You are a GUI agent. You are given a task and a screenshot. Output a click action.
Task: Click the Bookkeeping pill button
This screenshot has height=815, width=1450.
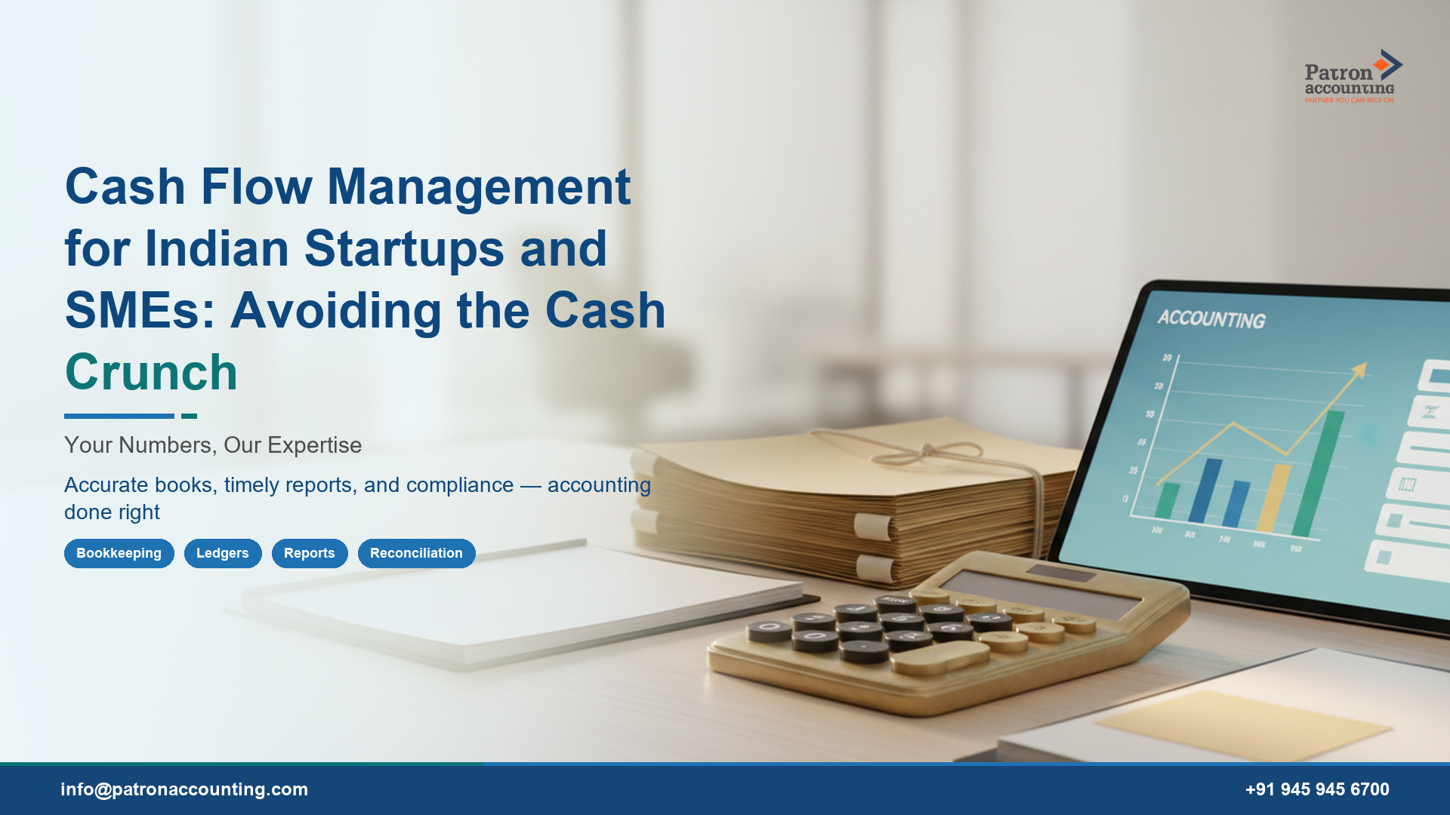click(x=119, y=553)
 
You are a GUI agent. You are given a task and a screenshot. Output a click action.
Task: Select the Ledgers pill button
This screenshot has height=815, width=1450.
click(x=222, y=553)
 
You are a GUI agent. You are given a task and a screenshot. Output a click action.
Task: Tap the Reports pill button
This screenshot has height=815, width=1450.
click(x=309, y=553)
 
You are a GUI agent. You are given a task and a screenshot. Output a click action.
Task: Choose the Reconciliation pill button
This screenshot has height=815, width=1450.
click(x=416, y=553)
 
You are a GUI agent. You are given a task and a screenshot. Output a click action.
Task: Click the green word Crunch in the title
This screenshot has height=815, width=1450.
click(x=151, y=373)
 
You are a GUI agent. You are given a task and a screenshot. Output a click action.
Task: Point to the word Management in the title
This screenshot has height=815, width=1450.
click(x=479, y=187)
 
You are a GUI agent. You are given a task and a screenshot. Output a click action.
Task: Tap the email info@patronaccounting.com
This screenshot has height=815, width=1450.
click(x=184, y=789)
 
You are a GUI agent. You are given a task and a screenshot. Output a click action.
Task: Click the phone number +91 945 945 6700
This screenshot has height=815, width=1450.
click(x=1317, y=789)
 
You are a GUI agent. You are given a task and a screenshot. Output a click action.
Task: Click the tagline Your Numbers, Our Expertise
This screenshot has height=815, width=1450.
click(x=213, y=445)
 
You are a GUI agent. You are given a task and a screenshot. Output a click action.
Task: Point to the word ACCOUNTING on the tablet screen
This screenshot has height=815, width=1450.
click(x=1211, y=319)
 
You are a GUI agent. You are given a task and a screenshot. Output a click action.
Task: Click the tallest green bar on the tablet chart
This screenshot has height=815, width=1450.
click(x=1319, y=472)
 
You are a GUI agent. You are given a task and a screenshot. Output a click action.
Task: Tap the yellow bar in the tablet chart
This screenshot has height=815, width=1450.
click(x=1273, y=498)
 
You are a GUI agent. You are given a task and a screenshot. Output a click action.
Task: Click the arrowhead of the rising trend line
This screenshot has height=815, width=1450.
click(x=1360, y=370)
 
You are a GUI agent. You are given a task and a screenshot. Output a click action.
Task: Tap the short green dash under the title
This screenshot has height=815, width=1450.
click(x=189, y=416)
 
